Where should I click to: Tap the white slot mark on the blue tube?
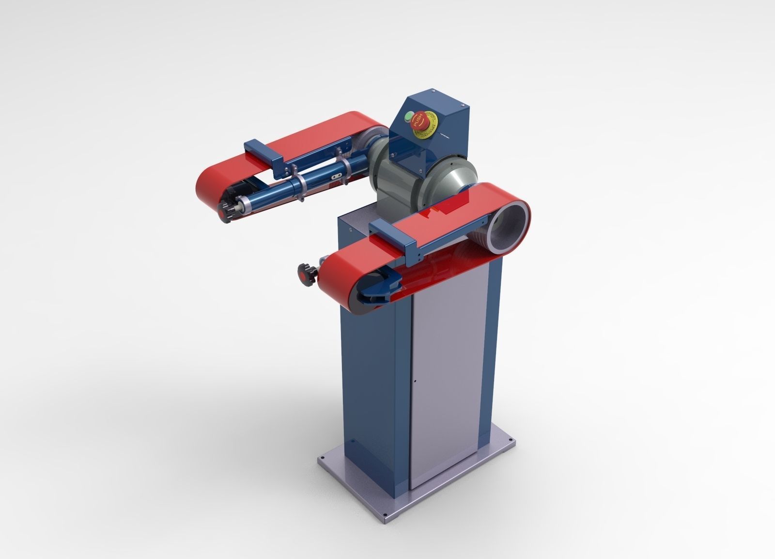pyautogui.click(x=334, y=177)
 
